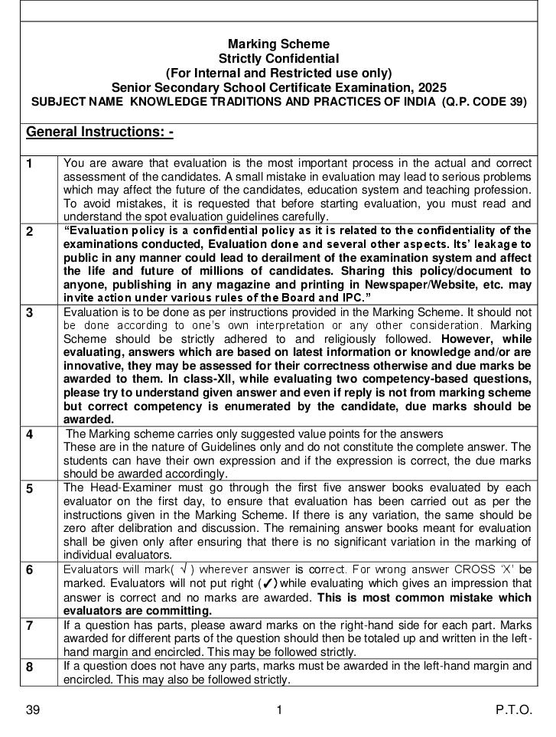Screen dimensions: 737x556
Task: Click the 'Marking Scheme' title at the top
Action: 278,44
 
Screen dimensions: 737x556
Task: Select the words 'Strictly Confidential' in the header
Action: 278,59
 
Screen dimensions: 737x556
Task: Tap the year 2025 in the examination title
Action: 431,88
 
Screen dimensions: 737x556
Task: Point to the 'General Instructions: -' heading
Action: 100,132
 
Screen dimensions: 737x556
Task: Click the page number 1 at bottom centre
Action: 279,710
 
